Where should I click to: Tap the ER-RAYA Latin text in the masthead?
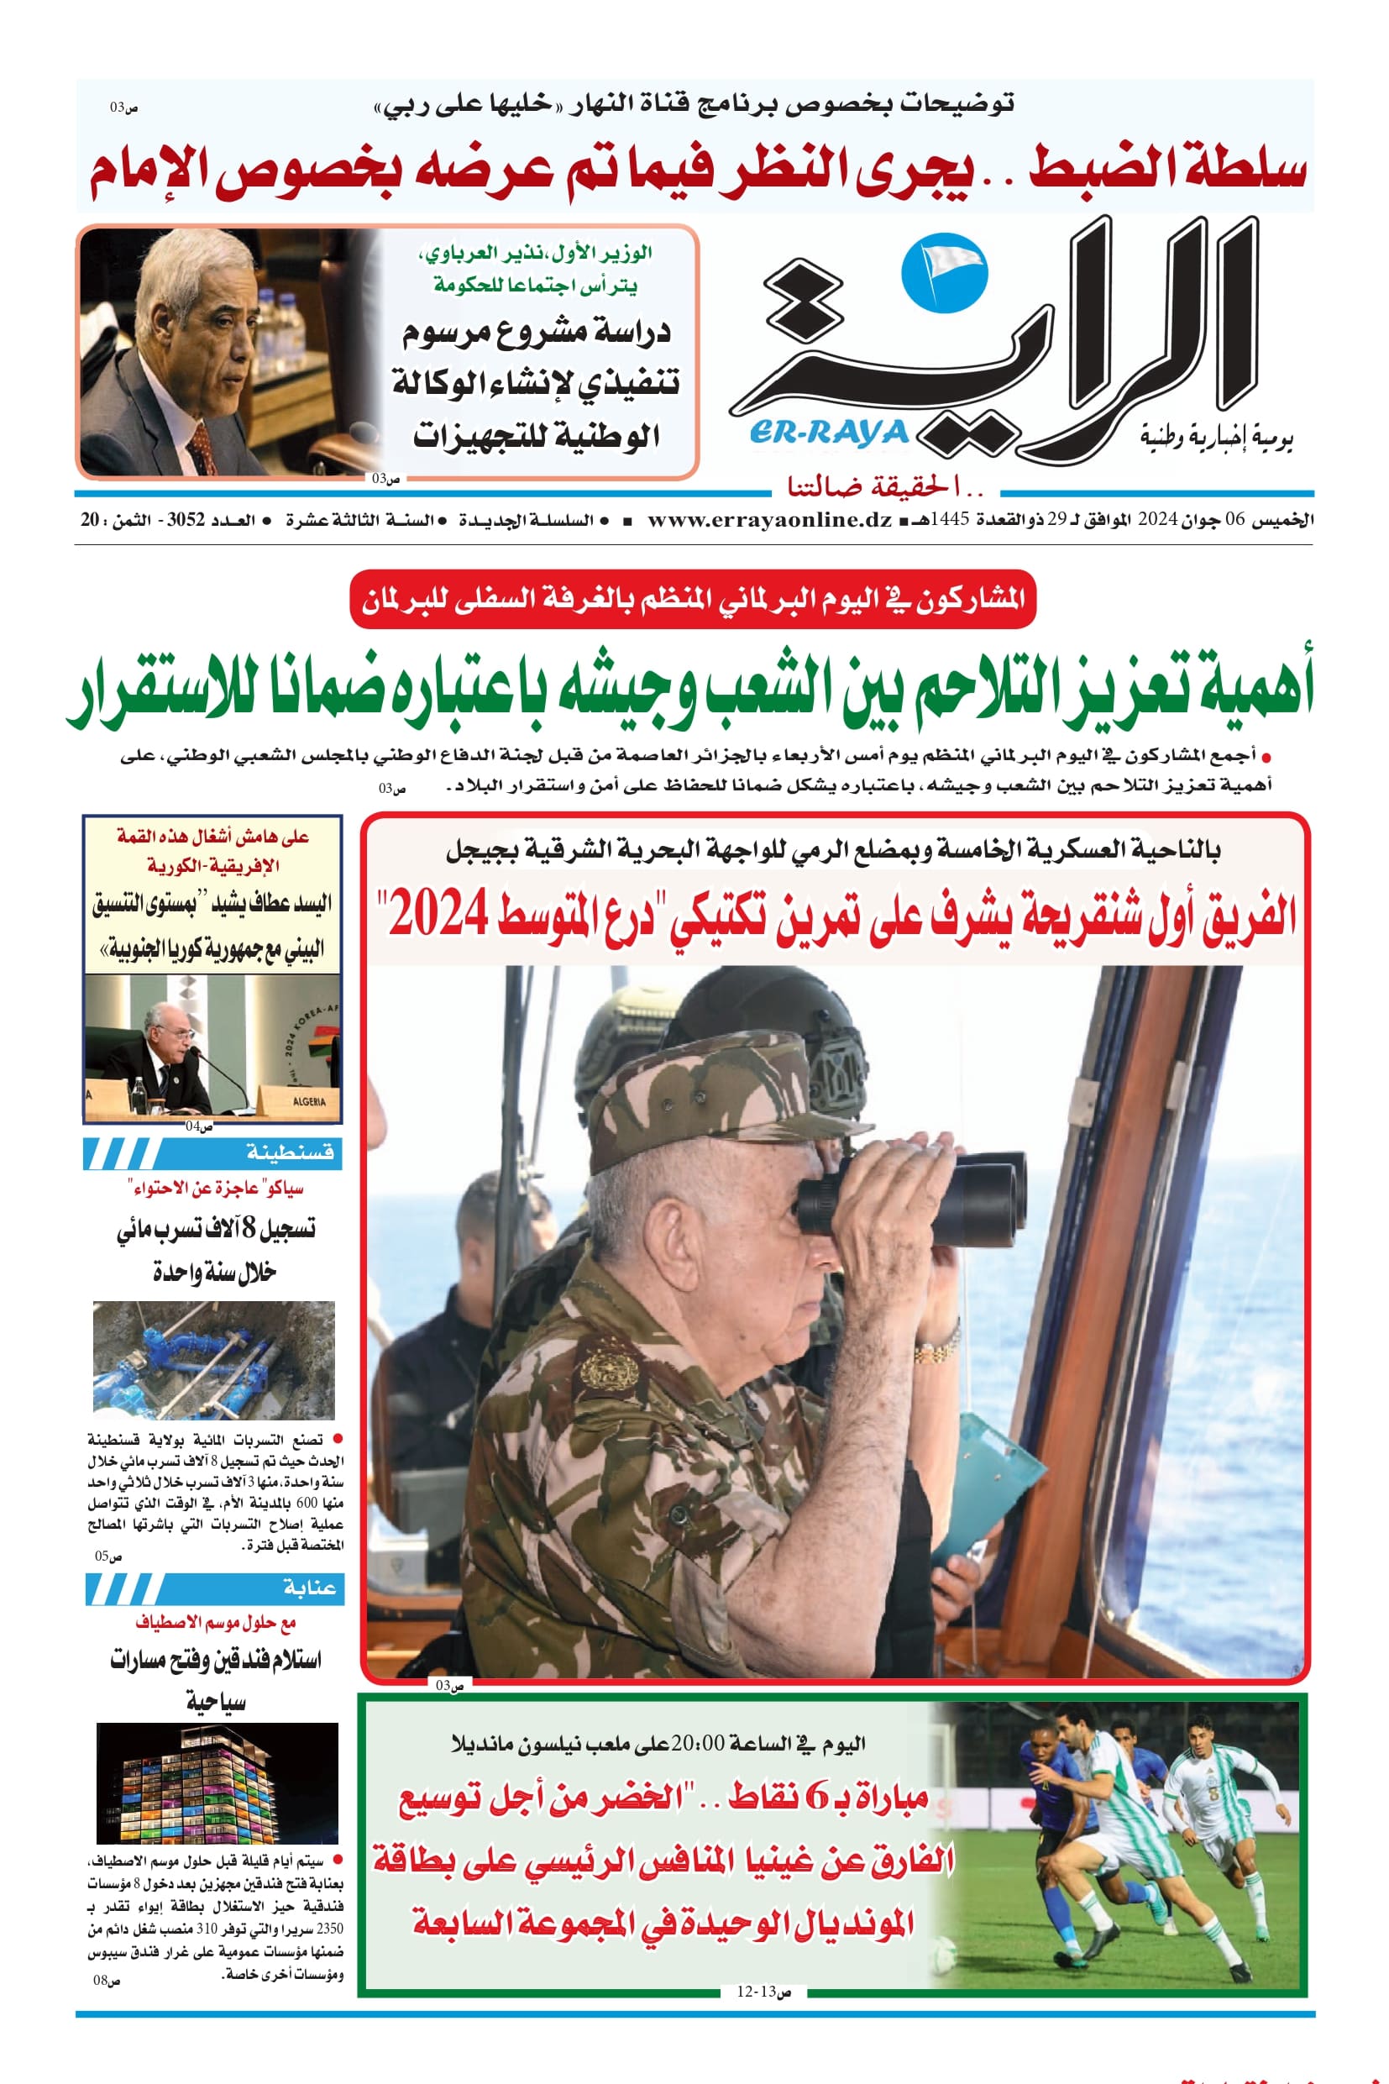tap(829, 433)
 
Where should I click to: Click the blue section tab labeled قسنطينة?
tap(212, 1152)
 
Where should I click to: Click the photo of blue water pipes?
tap(213, 1359)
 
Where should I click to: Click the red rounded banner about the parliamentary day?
tap(693, 600)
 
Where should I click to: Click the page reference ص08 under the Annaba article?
tap(107, 1981)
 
